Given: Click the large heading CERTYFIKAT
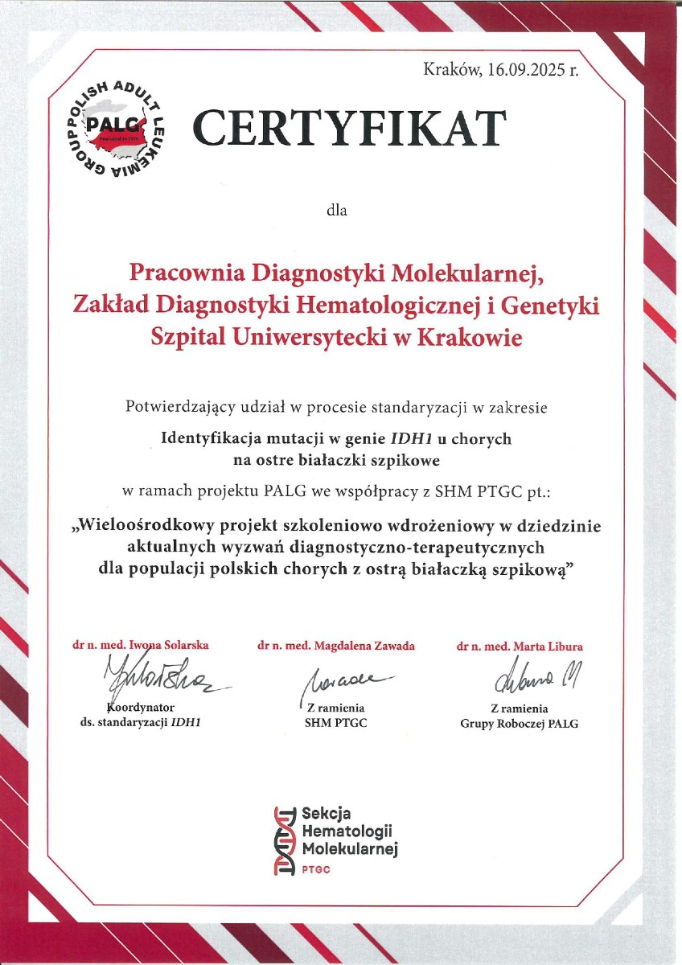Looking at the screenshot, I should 350,129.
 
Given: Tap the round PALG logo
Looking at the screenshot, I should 115,131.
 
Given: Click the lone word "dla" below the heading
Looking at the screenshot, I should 335,211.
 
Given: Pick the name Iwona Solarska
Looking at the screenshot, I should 170,645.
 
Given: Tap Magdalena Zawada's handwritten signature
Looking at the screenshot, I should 342,684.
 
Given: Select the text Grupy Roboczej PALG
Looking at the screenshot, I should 519,723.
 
